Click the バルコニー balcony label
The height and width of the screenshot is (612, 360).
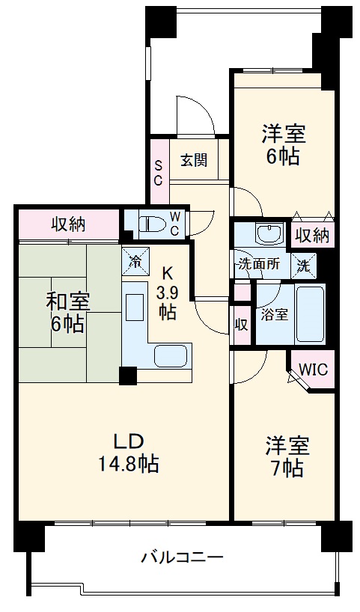click(182, 557)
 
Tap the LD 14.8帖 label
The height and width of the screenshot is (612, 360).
click(128, 453)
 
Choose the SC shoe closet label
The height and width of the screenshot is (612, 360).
click(159, 173)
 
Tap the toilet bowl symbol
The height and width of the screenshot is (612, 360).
click(150, 222)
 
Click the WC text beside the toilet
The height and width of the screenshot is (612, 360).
click(174, 223)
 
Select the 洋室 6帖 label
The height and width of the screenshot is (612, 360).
click(282, 145)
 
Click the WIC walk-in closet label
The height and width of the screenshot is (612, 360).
click(312, 370)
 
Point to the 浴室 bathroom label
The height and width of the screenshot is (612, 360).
click(274, 314)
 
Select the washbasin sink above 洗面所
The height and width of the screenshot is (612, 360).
click(267, 233)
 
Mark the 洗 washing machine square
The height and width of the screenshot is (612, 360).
click(304, 263)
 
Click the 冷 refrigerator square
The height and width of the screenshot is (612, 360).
click(136, 261)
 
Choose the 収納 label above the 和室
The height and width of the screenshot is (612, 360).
click(68, 223)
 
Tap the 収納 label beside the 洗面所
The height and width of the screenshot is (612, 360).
click(311, 236)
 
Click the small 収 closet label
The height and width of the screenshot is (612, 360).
click(241, 325)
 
